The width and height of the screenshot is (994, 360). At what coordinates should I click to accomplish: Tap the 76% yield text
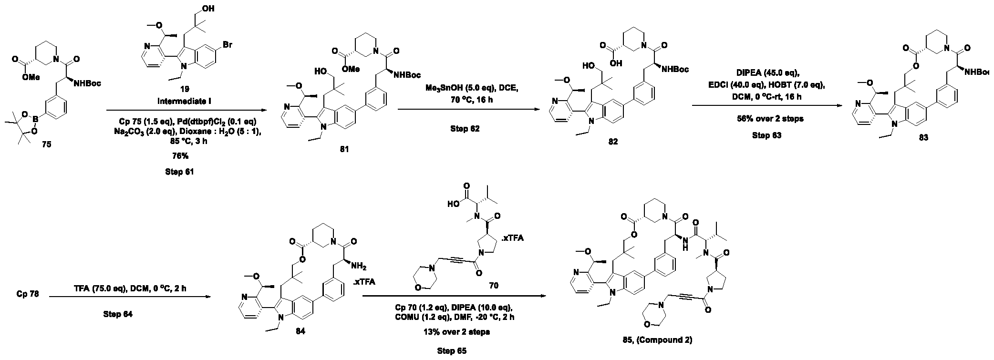[179, 155]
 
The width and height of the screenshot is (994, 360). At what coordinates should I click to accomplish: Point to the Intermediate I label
[180, 102]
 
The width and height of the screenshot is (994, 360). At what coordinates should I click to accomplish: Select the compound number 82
[613, 142]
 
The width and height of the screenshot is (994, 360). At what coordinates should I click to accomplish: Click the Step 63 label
[767, 135]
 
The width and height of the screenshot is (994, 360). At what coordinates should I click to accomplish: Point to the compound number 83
[922, 138]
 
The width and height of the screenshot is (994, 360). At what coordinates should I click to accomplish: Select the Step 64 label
[118, 314]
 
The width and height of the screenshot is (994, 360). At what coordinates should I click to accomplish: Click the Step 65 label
[452, 351]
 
